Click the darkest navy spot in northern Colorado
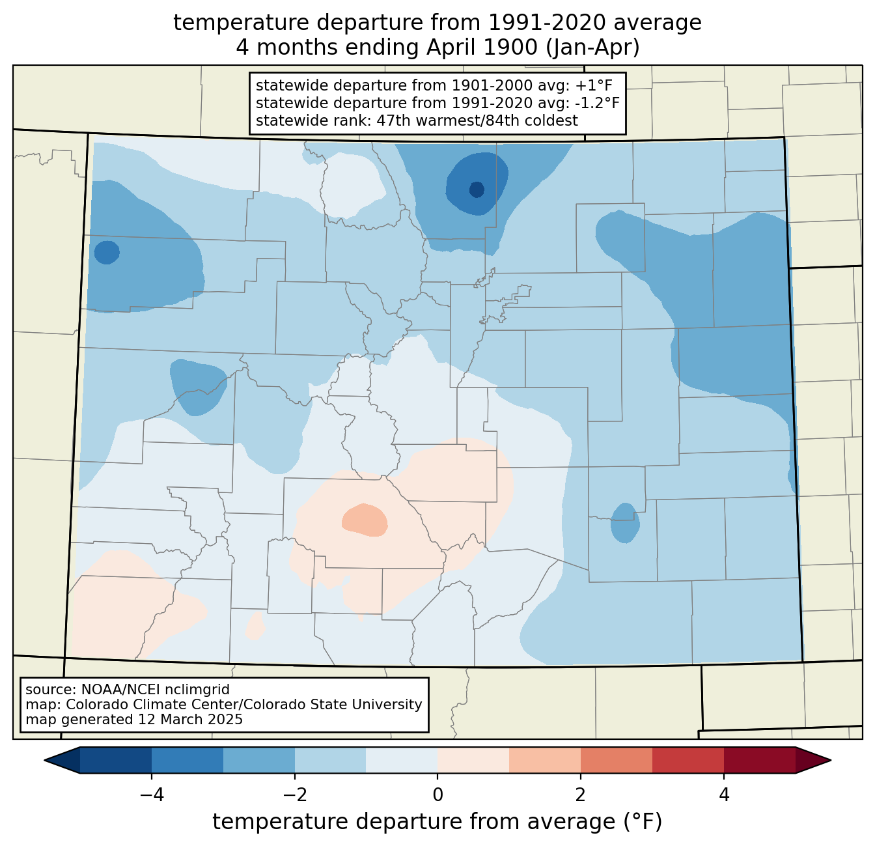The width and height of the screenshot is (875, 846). [477, 190]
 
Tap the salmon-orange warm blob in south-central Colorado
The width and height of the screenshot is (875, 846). [365, 520]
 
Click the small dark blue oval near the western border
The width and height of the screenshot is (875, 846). [107, 252]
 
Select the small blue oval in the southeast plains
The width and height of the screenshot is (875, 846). [625, 522]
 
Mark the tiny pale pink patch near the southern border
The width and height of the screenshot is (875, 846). [255, 625]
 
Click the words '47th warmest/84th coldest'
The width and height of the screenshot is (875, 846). [477, 120]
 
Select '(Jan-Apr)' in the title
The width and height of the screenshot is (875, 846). [592, 48]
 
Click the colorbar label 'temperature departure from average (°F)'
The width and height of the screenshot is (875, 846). [437, 821]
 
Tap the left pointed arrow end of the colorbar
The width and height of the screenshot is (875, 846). [62, 761]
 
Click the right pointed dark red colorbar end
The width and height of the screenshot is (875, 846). [813, 761]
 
